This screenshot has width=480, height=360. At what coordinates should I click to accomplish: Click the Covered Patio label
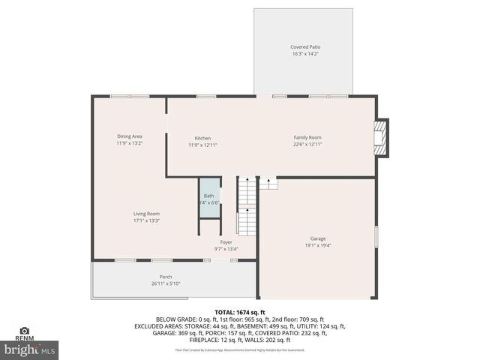coord(305,47)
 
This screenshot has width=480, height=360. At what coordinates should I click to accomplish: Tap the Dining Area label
coord(129,136)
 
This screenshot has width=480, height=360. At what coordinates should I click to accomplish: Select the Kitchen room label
coord(202,138)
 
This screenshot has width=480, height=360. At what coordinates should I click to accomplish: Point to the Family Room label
coord(307,137)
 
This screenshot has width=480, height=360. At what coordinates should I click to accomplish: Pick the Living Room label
coord(146,214)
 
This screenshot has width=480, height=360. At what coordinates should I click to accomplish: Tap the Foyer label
coord(226,242)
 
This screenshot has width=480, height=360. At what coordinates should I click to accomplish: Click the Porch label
coord(166,277)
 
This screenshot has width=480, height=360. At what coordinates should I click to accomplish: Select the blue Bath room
coord(209,198)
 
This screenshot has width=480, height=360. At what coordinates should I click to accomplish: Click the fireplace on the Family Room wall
coord(382,138)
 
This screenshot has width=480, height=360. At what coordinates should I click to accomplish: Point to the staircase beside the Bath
coord(247,205)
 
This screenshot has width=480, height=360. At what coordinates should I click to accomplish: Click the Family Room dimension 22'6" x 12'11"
coord(307,144)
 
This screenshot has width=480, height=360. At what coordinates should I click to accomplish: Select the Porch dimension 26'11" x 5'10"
coord(166,283)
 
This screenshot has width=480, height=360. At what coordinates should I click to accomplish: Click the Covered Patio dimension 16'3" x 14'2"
coord(305,54)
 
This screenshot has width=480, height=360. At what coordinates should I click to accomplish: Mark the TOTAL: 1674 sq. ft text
coord(240,311)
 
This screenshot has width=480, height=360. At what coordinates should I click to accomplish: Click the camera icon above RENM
coord(25,331)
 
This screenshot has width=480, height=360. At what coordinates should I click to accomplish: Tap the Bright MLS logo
coord(30,349)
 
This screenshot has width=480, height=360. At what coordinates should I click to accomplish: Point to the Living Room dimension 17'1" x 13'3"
coord(146,220)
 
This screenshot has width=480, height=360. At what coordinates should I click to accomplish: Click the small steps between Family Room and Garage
coord(268,182)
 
